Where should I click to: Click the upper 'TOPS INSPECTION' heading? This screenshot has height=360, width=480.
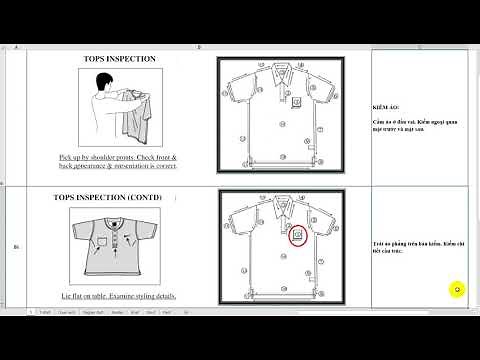(118, 60)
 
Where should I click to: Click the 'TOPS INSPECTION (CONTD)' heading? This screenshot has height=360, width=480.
(118, 198)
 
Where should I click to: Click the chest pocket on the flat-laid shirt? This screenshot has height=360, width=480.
(97, 240)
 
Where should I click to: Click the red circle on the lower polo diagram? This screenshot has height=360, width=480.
(297, 236)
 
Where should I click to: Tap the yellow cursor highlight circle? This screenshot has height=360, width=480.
(457, 290)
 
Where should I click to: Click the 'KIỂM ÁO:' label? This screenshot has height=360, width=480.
(387, 103)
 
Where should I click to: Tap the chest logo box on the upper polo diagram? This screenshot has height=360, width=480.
(297, 102)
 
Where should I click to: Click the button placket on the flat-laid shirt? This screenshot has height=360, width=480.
(117, 237)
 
